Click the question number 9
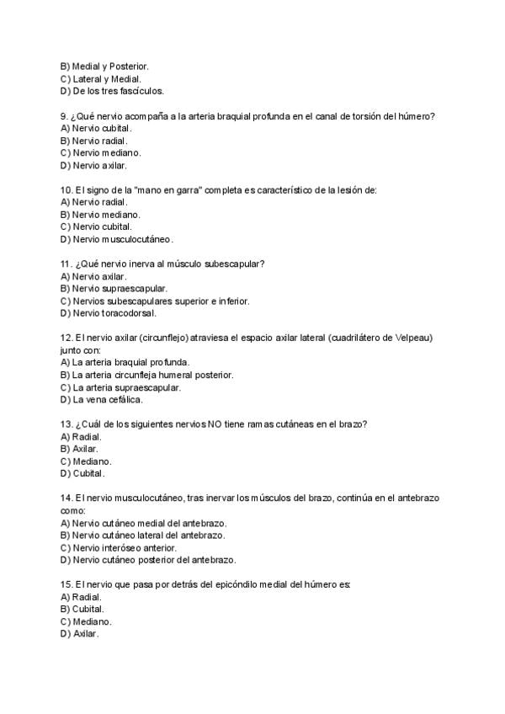[x=64, y=115]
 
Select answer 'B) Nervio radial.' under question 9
[x=93, y=141]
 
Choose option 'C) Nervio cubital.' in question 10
[x=96, y=227]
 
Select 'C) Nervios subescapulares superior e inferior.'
[x=155, y=301]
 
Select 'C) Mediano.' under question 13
[x=86, y=461]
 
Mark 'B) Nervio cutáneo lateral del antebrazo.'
[x=142, y=535]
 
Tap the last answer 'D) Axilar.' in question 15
[x=80, y=634]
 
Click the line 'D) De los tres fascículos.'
[x=112, y=91]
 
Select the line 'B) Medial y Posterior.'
[x=104, y=66]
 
